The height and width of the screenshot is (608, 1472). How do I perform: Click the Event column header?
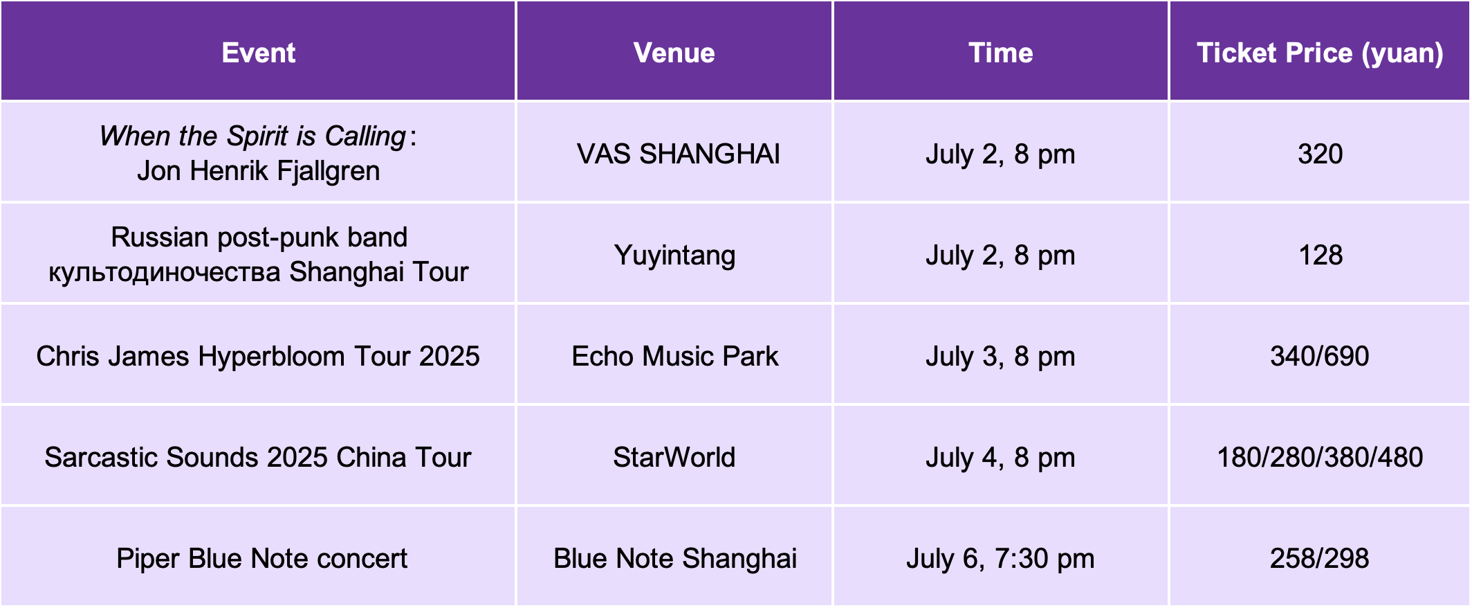[x=258, y=53]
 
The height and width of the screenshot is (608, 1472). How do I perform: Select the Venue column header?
[x=674, y=53]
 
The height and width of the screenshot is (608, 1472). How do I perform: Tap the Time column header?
[x=1000, y=53]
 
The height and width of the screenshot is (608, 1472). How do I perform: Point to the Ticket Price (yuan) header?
[x=1320, y=53]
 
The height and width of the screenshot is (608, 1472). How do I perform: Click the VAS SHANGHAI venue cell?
[x=678, y=154]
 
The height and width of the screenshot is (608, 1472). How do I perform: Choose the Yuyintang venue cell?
[x=674, y=256]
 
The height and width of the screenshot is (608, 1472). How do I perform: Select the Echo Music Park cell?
[x=674, y=356]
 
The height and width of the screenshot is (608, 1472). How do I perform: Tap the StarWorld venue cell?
[x=674, y=457]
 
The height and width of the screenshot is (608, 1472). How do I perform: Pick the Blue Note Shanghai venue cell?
[x=674, y=558]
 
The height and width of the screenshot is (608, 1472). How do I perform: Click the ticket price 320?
[x=1320, y=154]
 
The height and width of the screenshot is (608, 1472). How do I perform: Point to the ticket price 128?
[x=1321, y=255]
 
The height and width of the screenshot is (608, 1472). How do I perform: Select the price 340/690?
[x=1319, y=356]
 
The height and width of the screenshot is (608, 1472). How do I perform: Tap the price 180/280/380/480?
[x=1320, y=457]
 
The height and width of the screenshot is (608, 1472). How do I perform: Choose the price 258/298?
[x=1319, y=558]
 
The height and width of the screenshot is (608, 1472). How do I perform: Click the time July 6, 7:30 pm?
[x=1000, y=559]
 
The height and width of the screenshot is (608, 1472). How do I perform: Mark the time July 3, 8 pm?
[x=1000, y=357]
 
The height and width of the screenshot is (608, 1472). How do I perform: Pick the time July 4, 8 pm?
[x=1000, y=458]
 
